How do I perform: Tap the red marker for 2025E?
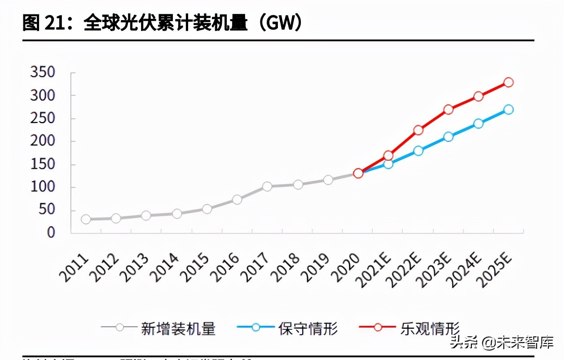508,82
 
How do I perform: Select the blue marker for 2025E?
508,110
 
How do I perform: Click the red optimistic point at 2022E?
418,130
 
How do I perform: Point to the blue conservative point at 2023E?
448,137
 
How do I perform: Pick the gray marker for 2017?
267,186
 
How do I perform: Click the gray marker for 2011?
86,219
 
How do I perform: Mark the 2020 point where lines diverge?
358,173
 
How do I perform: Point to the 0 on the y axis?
51,233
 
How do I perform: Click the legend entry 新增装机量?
178,328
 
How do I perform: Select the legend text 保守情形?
308,328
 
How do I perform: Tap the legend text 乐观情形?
429,328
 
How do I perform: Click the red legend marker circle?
378,327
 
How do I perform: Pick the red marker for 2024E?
478,97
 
